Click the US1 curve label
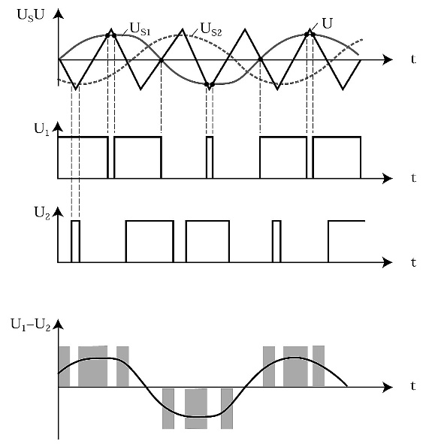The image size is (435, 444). pyautogui.click(x=140, y=29)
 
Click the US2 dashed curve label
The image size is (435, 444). pyautogui.click(x=211, y=29)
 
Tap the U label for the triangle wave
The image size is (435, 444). pyautogui.click(x=327, y=23)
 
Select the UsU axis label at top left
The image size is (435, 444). pyautogui.click(x=31, y=15)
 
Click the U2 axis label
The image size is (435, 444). pyautogui.click(x=42, y=213)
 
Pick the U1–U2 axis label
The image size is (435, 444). pyautogui.click(x=31, y=325)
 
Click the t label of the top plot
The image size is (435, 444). pyautogui.click(x=414, y=59)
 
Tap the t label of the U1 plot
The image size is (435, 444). pyautogui.click(x=414, y=178)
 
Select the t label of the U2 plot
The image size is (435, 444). pyautogui.click(x=414, y=262)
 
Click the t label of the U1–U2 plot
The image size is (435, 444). pyautogui.click(x=414, y=386)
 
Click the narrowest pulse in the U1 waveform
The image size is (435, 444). pyautogui.click(x=210, y=158)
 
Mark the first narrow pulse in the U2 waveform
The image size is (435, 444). pyautogui.click(x=76, y=241)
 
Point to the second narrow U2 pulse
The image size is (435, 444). pyautogui.click(x=276, y=241)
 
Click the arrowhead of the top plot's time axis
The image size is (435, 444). pyautogui.click(x=387, y=60)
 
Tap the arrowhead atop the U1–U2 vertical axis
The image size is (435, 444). pyautogui.click(x=59, y=324)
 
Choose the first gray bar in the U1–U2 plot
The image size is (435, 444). pyautogui.click(x=64, y=367)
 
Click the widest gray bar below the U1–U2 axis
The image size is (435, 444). pyautogui.click(x=196, y=409)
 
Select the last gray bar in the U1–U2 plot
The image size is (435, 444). pyautogui.click(x=319, y=366)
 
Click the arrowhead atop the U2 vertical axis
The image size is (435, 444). pyautogui.click(x=59, y=212)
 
